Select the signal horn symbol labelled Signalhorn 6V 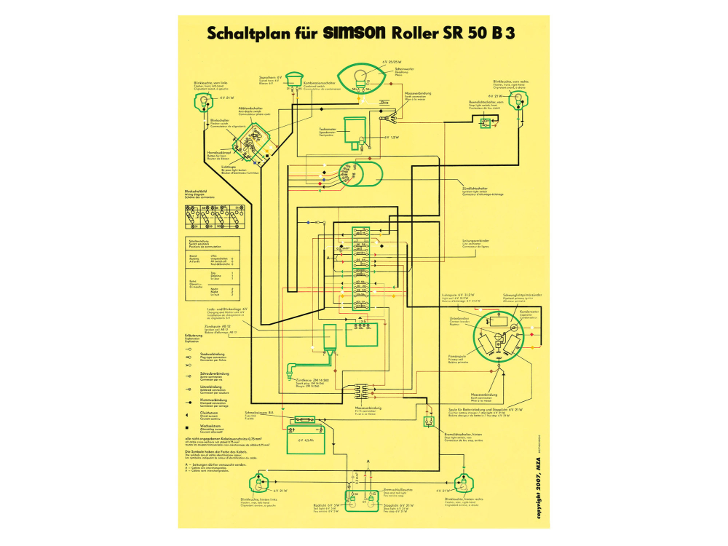[x=293, y=79]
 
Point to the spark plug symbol [x=294, y=368]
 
